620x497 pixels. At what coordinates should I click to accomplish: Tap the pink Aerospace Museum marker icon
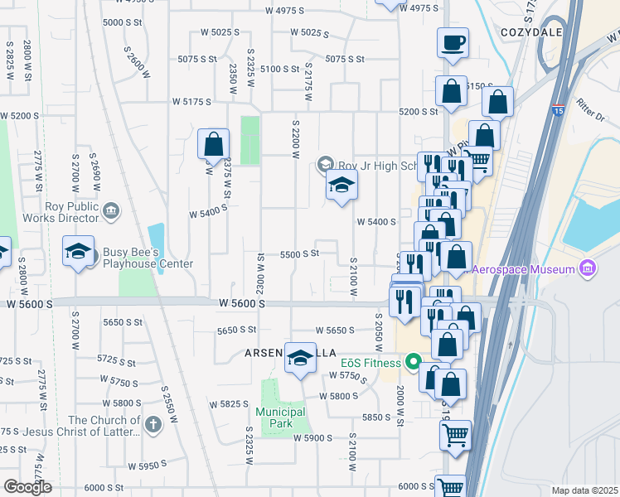[588, 268]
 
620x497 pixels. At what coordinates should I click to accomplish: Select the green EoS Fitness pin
[412, 361]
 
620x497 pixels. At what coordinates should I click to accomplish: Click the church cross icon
[152, 425]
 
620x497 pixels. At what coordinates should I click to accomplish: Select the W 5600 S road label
[242, 305]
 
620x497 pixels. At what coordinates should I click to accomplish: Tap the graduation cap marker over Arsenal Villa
[301, 357]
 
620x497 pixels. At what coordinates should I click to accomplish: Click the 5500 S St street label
[299, 253]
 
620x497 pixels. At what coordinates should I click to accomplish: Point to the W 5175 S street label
[192, 101]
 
